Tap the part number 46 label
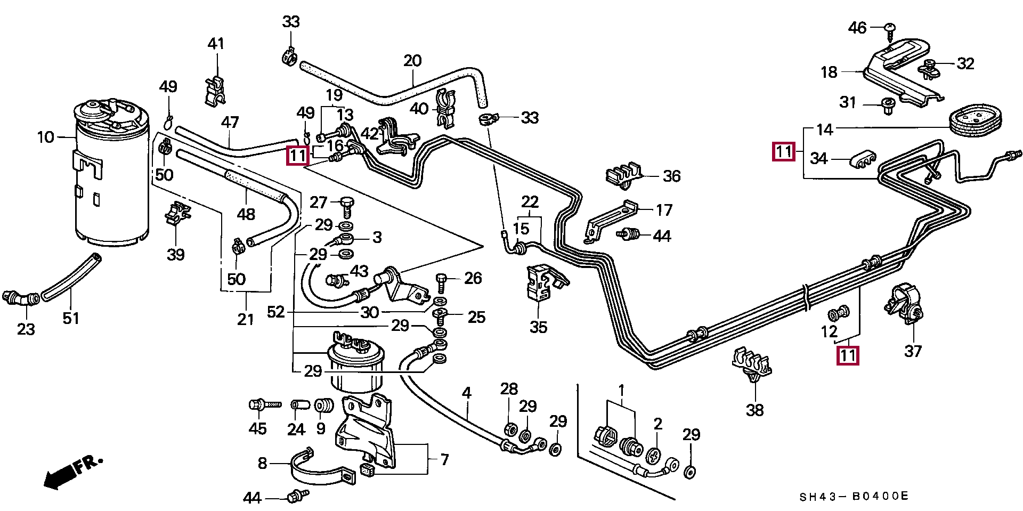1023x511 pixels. pos(857,28)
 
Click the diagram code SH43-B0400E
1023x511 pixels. pos(854,497)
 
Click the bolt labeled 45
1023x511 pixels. pos(265,405)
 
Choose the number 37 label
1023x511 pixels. pos(913,351)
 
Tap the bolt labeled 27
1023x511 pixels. pos(346,207)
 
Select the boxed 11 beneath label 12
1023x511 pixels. pos(848,355)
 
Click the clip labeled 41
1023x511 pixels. pos(215,90)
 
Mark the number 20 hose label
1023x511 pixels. pos(412,61)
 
